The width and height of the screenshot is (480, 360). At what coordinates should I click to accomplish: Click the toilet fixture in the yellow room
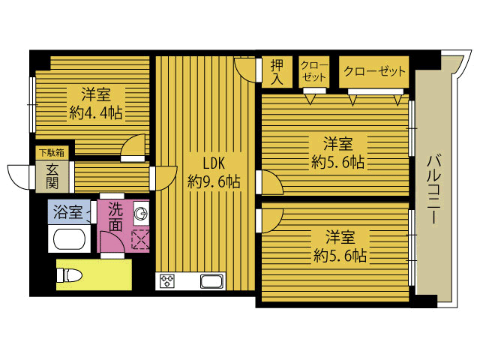70,274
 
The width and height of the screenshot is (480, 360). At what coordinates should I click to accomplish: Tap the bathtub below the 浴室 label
69,239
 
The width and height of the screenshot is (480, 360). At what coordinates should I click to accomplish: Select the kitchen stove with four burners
167,281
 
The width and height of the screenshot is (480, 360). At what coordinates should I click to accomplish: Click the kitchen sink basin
211,281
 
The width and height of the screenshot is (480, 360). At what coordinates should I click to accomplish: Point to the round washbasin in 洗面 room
141,213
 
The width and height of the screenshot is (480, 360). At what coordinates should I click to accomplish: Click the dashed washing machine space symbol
140,240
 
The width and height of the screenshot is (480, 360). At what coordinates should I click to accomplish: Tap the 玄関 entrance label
52,177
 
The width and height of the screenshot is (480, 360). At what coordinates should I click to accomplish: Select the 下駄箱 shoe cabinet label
52,152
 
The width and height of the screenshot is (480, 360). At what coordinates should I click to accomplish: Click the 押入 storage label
277,72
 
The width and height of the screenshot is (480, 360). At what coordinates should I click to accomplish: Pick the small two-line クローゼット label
314,71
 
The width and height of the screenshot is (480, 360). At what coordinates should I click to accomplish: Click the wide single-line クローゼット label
374,71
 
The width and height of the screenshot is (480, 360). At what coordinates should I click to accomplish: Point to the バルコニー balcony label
433,190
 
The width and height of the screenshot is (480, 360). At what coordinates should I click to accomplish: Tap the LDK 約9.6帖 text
214,172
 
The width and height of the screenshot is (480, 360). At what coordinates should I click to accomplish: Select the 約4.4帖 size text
96,113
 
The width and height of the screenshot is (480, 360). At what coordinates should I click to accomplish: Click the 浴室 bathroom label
68,211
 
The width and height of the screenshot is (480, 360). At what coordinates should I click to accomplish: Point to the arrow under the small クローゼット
310,99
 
